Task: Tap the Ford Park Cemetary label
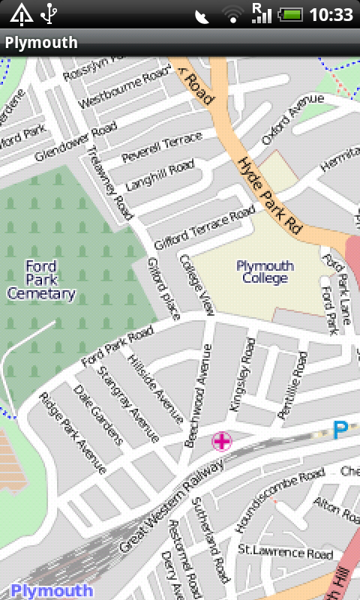point(41,280)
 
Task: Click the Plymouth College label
point(265,271)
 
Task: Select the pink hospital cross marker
point(222,441)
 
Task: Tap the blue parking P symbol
point(340,430)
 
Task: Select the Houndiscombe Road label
point(280,499)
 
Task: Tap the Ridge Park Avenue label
point(72,433)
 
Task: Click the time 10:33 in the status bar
point(331,14)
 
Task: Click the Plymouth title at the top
point(41,43)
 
